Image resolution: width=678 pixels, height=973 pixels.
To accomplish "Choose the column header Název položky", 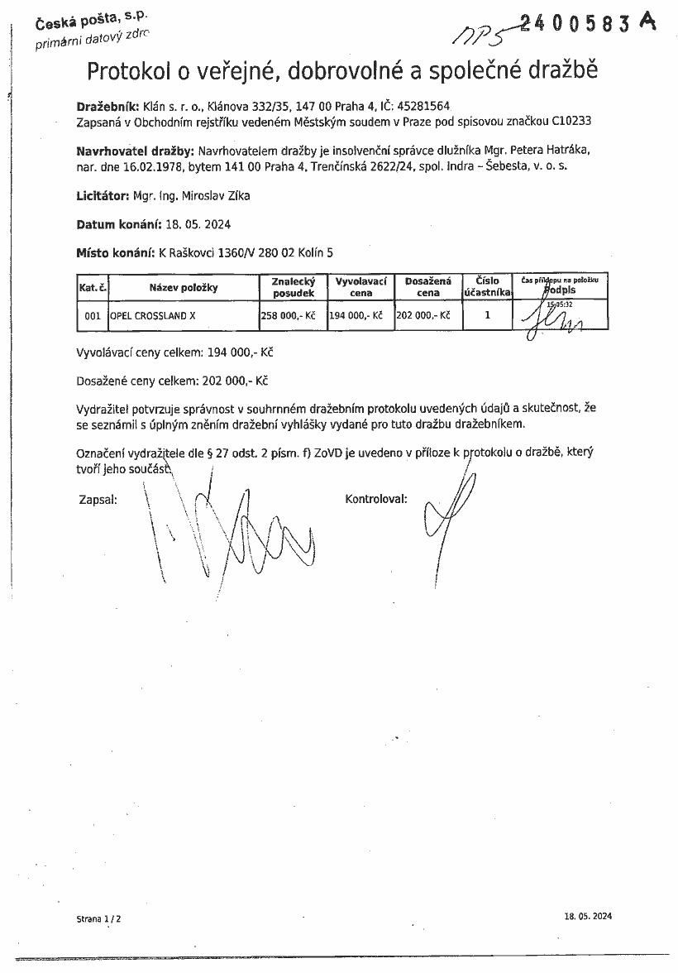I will (x=183, y=288).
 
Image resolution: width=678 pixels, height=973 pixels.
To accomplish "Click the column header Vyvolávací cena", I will (x=360, y=287).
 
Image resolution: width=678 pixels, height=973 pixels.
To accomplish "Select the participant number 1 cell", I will (x=487, y=315).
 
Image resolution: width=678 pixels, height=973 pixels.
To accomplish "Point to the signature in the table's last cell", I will (x=560, y=316).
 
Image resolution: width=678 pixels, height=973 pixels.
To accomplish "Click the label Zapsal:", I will (x=98, y=500).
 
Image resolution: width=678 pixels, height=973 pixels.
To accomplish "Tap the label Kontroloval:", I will (x=376, y=500).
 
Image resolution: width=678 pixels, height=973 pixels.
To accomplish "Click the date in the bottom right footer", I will (x=588, y=916).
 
